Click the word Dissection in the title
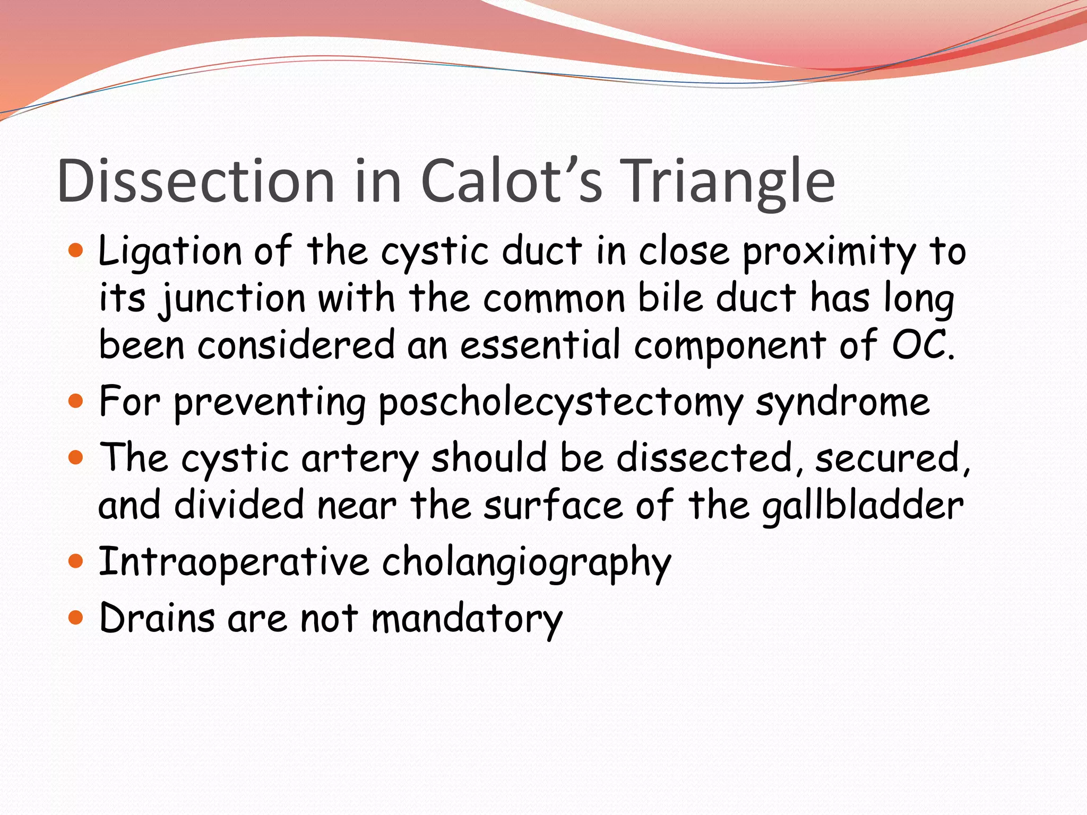[196, 181]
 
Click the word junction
[232, 298]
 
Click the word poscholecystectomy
[560, 402]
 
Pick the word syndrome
[842, 402]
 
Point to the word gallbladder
[862, 505]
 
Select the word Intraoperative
[234, 562]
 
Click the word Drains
[157, 619]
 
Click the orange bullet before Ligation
[76, 250]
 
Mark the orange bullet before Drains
[76, 618]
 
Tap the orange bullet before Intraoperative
[76, 561]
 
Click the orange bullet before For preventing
[76, 401]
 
